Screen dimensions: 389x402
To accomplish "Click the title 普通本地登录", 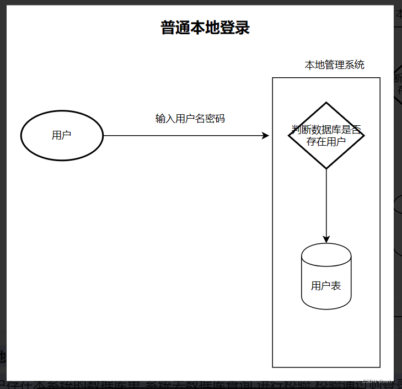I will tap(205, 28).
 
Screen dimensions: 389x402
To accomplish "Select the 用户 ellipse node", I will tap(62, 135).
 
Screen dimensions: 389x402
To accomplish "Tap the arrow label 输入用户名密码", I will tap(190, 119).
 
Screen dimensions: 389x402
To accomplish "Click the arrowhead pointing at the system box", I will tap(265, 135).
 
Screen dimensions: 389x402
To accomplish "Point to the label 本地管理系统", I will tap(334, 65).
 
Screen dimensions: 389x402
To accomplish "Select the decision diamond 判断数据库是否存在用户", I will tap(326, 135).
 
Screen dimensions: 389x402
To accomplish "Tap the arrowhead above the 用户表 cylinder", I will tap(326, 239).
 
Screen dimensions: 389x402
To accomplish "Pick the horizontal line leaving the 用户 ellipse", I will tap(182, 135).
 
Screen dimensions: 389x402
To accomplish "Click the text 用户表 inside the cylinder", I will tap(326, 286).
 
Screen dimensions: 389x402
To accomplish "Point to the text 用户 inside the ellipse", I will tap(61, 135).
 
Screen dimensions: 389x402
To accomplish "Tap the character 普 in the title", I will tap(168, 28).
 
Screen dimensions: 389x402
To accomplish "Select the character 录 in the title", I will tap(243, 28).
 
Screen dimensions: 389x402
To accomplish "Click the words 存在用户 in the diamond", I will tap(326, 141).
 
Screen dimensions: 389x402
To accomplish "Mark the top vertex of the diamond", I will tap(326, 103).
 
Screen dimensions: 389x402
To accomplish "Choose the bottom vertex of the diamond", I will tap(326, 168).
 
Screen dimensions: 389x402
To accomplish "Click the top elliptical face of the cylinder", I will tap(326, 253).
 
